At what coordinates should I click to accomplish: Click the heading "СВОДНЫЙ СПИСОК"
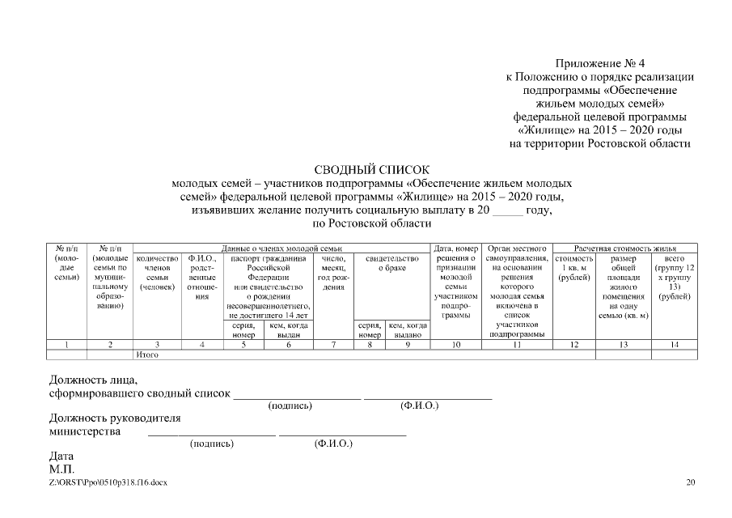(x=366, y=169)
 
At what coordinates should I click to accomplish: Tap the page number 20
(x=690, y=482)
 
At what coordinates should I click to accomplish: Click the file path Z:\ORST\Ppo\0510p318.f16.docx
(x=108, y=482)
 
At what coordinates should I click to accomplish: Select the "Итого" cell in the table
(x=146, y=355)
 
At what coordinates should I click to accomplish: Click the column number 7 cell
(x=333, y=346)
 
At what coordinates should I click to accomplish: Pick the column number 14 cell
(x=674, y=346)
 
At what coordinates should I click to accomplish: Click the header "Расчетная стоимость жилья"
(x=624, y=248)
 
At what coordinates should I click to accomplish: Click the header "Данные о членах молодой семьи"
(x=281, y=248)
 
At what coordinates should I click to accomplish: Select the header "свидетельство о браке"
(x=391, y=263)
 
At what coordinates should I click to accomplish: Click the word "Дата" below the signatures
(x=61, y=456)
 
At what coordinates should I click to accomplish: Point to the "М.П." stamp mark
(x=61, y=469)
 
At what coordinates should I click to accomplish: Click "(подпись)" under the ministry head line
(x=211, y=444)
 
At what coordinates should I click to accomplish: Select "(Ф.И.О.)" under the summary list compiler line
(x=419, y=405)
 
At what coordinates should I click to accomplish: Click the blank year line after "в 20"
(x=507, y=210)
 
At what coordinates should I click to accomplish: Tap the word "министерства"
(x=86, y=431)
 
